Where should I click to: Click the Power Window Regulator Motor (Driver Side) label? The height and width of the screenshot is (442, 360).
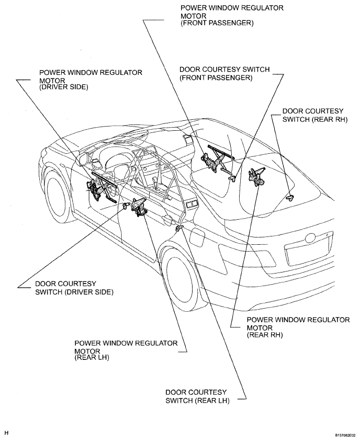tap(91, 80)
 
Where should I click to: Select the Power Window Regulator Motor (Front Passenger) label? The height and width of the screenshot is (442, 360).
tap(232, 16)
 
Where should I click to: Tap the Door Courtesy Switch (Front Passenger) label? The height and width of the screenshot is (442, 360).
tap(224, 73)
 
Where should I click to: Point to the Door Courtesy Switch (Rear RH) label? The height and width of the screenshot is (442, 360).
tap(315, 115)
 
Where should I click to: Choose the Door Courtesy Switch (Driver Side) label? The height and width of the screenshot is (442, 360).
tap(74, 288)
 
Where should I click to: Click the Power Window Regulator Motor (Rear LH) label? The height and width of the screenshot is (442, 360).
tap(126, 350)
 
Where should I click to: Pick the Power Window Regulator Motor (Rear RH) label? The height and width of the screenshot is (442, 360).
tap(298, 327)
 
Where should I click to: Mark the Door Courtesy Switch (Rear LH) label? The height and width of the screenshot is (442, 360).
tap(197, 396)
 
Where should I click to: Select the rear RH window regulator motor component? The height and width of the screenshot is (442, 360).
tap(256, 176)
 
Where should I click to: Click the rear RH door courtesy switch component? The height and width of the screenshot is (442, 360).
tap(289, 197)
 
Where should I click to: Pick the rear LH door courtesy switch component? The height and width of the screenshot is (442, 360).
tap(179, 228)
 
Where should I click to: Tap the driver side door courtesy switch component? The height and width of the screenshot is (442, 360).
tap(126, 205)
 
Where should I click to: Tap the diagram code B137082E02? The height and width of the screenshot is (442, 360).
tap(347, 435)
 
